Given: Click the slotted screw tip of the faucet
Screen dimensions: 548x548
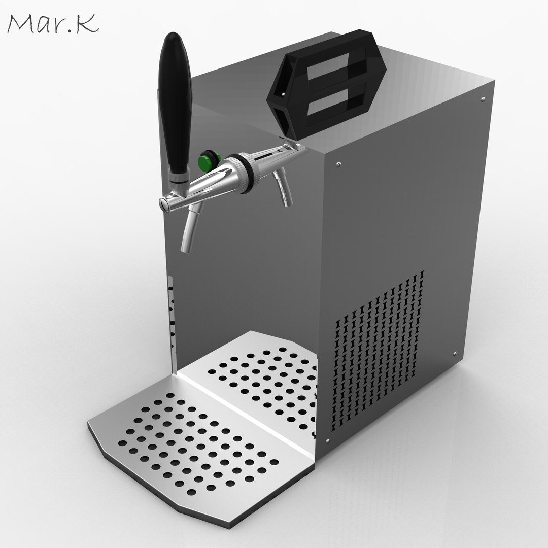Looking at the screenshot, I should click(163, 202).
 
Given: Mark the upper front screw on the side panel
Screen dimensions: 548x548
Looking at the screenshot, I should click(338, 164).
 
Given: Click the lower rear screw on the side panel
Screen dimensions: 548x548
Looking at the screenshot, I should click(455, 354).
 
